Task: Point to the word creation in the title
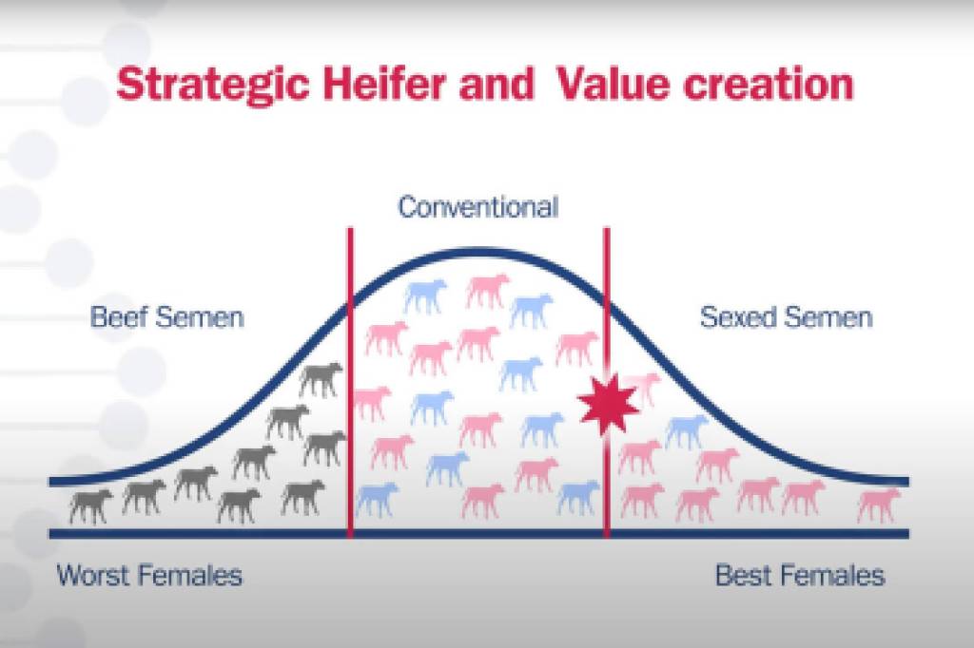click(x=769, y=84)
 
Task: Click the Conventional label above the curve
click(x=477, y=207)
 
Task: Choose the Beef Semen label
click(x=167, y=317)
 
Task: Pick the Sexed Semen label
click(x=786, y=317)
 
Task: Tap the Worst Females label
click(x=149, y=576)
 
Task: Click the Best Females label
click(x=799, y=576)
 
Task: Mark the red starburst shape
click(x=608, y=404)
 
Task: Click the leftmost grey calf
click(x=90, y=506)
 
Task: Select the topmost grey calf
click(x=321, y=379)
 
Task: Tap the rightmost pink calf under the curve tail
click(x=878, y=504)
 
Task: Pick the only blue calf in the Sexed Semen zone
click(x=687, y=431)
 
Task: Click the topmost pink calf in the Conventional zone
click(x=488, y=291)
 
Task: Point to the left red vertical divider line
click(x=350, y=382)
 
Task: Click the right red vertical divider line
click(x=607, y=382)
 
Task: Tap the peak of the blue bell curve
click(x=478, y=252)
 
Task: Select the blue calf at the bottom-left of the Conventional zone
click(x=377, y=500)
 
